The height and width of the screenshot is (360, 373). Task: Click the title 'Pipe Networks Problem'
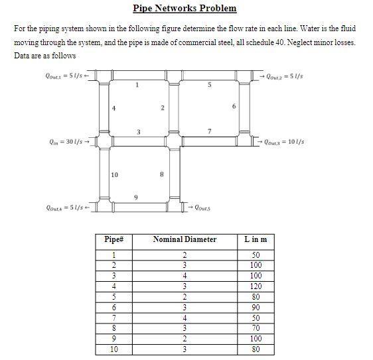point(185,9)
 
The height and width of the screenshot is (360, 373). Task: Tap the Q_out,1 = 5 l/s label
point(64,76)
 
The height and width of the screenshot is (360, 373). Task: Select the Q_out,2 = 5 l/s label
point(285,76)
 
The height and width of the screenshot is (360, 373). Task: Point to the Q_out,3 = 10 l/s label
point(286,141)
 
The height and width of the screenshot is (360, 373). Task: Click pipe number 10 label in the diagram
point(115,175)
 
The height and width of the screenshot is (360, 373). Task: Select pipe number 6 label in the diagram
point(234,107)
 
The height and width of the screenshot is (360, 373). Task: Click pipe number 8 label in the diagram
point(163,175)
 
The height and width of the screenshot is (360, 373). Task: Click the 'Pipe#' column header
point(113,239)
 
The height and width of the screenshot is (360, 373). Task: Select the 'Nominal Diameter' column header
point(185,239)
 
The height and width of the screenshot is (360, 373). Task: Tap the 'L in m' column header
point(256,239)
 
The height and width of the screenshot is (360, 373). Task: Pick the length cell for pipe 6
point(256,308)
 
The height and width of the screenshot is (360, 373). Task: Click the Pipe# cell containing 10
point(113,349)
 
